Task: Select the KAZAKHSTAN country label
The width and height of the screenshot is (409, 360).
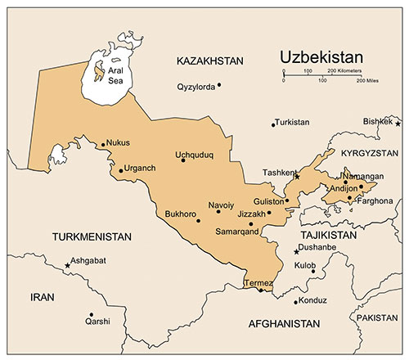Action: point(210,61)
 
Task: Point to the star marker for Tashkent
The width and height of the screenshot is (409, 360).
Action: point(297,176)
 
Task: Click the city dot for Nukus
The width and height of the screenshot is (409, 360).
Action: point(103,146)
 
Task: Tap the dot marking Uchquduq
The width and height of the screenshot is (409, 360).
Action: point(183,160)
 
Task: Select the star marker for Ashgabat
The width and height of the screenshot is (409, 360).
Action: point(67,265)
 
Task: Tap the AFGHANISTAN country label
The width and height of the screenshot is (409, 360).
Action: point(283,324)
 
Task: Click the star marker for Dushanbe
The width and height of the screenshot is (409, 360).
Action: point(296,250)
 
